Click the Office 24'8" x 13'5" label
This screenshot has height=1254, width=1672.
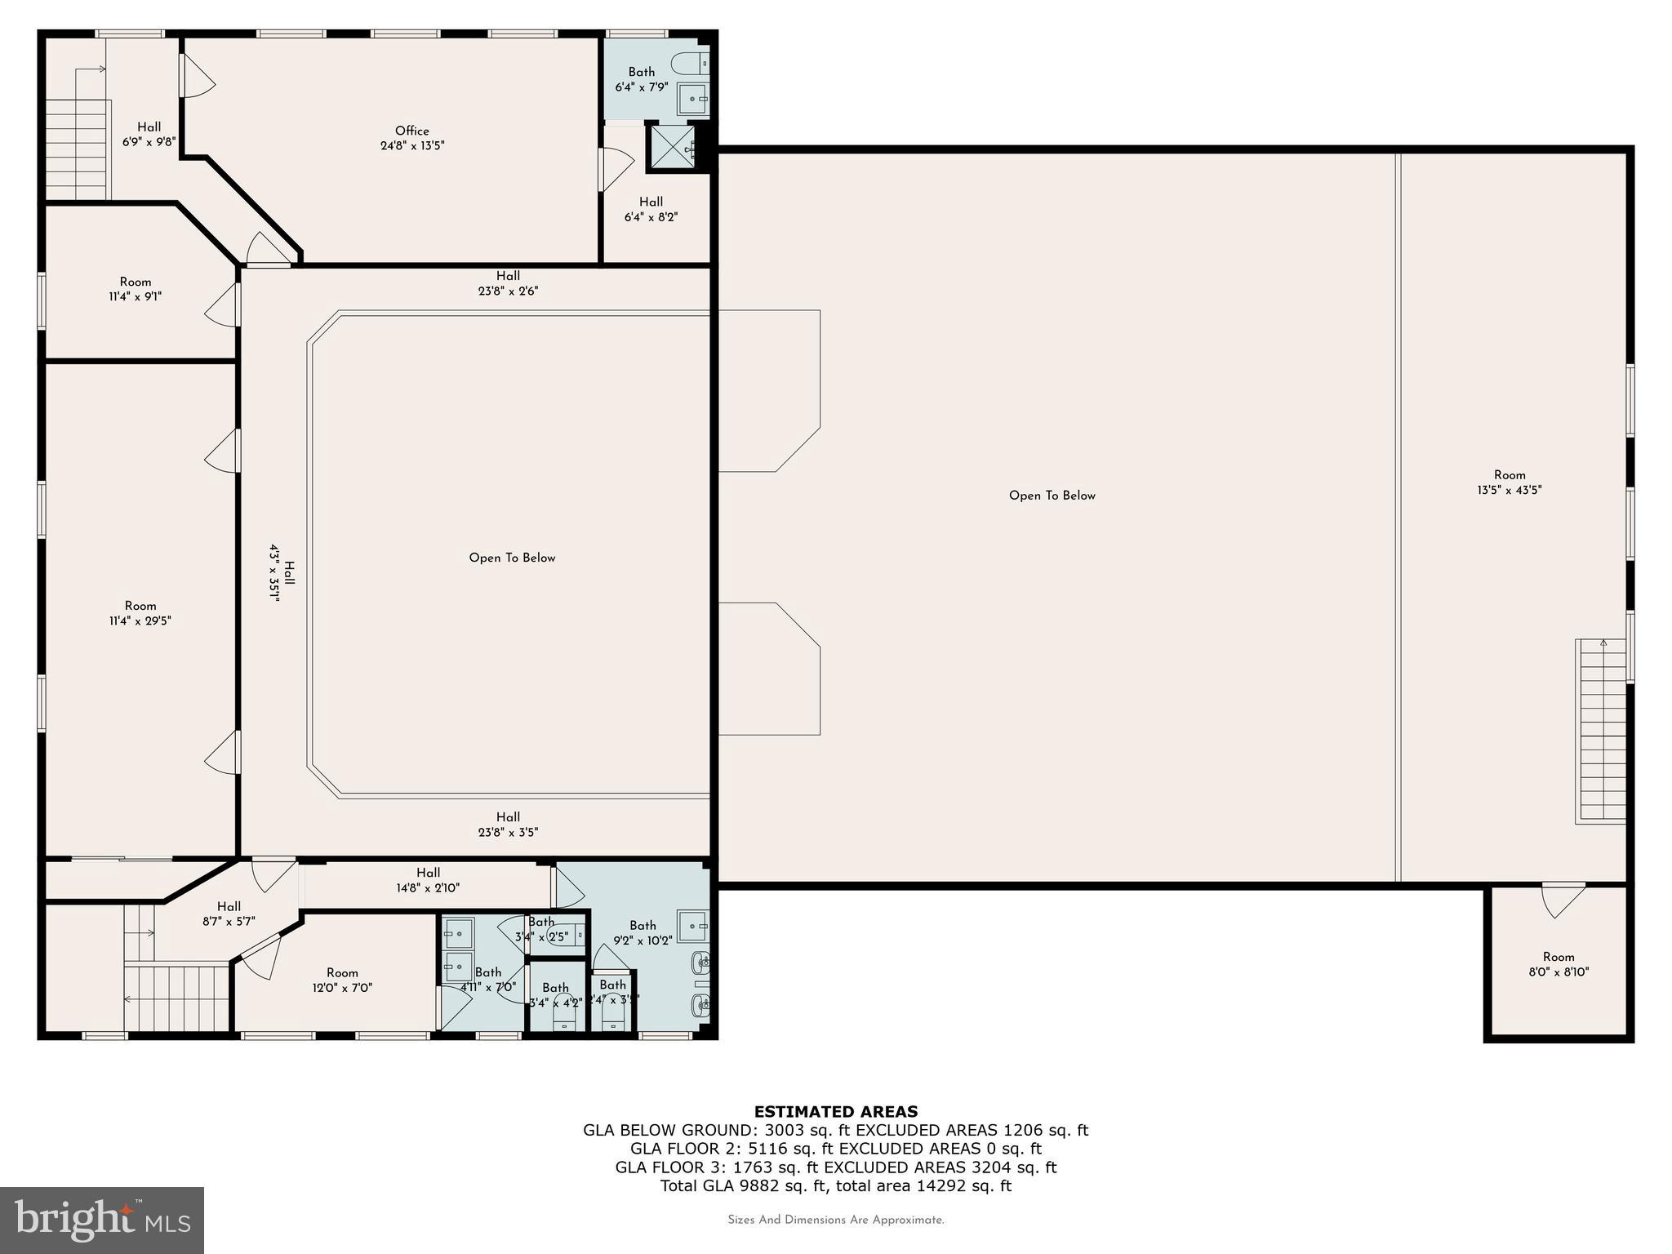411,138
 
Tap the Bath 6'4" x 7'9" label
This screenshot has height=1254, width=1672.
641,79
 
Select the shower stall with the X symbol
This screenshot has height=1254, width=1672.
672,146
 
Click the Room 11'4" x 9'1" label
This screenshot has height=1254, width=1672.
136,289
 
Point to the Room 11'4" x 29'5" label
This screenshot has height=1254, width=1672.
140,613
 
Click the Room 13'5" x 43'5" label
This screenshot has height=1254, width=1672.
1509,482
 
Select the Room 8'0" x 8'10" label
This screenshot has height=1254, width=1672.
1558,964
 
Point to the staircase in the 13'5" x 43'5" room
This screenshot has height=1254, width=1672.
1600,731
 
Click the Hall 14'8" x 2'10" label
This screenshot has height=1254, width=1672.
428,880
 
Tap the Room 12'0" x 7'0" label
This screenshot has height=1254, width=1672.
342,980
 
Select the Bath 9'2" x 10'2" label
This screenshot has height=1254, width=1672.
643,932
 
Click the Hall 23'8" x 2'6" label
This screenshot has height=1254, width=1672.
508,283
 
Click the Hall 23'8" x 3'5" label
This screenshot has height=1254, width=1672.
508,825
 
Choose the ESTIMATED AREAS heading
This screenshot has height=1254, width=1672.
835,1111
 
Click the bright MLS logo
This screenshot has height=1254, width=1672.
102,1220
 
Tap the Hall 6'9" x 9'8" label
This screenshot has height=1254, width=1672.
149,134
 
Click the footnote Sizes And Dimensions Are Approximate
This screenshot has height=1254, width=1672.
835,1220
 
